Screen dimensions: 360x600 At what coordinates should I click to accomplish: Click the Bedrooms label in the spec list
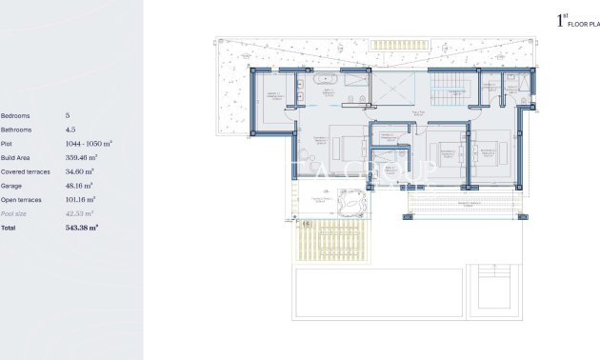pos(16,115)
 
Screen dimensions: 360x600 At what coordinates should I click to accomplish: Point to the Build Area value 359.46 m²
pos(82,157)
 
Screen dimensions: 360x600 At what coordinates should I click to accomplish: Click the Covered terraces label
pos(25,171)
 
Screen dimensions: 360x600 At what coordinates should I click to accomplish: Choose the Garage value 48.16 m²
pos(79,186)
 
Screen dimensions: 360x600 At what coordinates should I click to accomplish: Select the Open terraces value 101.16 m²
pos(82,200)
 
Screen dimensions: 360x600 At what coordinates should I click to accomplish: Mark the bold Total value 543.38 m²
pos(82,229)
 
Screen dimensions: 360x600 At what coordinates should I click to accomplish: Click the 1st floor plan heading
pos(575,20)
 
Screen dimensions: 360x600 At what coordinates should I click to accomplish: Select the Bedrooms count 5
pos(68,115)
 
